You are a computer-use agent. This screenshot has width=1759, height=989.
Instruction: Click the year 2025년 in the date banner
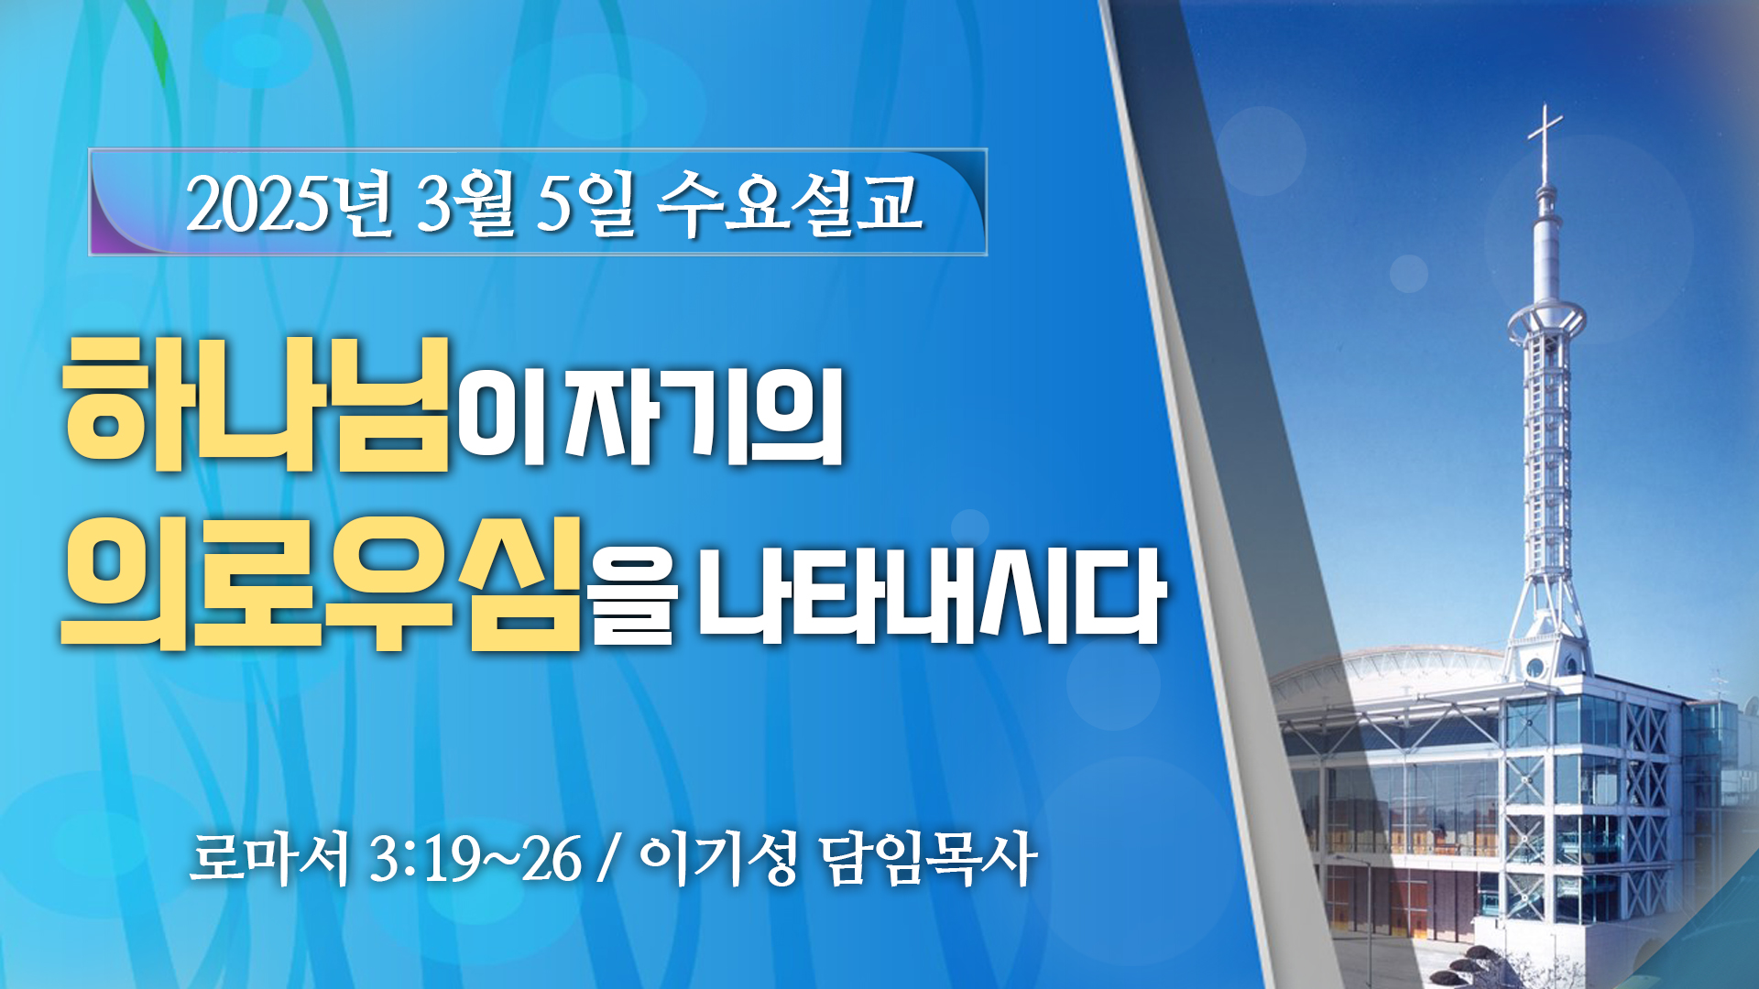[x=290, y=203]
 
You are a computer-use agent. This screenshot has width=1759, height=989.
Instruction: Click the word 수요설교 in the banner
[x=790, y=203]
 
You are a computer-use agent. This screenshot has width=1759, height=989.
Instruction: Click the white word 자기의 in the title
[x=704, y=417]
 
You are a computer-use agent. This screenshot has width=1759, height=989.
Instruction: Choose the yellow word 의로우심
[x=321, y=583]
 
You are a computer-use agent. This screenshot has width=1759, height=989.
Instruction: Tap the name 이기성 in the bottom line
[x=717, y=859]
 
